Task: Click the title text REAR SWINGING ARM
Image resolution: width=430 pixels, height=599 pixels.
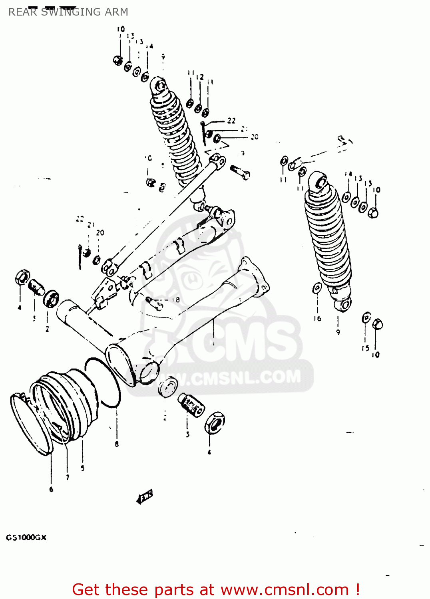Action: (68, 12)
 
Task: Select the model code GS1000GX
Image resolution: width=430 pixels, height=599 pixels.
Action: (26, 538)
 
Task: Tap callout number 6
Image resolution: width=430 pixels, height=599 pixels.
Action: (51, 489)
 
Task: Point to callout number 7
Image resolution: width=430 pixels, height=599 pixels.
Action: (68, 477)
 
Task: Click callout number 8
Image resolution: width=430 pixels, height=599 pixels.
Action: (117, 444)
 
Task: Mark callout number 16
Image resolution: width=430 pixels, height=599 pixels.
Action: (317, 318)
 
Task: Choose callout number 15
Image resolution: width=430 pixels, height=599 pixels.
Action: (365, 348)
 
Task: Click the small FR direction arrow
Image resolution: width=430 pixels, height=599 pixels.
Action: (145, 497)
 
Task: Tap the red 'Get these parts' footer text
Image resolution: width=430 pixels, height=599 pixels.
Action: (216, 589)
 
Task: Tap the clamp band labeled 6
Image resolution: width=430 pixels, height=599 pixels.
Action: (30, 423)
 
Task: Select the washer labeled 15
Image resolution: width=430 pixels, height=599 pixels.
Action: (366, 318)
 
